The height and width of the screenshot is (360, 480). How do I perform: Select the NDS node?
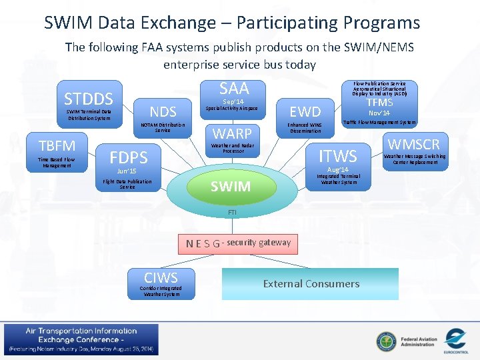pyautogui.click(x=163, y=111)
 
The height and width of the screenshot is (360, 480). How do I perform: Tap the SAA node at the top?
pyautogui.click(x=233, y=88)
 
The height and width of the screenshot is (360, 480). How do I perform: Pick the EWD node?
pyautogui.click(x=305, y=111)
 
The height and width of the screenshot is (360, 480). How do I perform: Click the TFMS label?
pyautogui.click(x=379, y=103)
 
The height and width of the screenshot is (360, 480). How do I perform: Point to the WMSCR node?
pyautogui.click(x=414, y=144)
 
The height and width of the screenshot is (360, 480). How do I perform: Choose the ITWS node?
pyautogui.click(x=338, y=156)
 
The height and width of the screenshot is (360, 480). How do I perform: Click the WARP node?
pyautogui.click(x=231, y=133)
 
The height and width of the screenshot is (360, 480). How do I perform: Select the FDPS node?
pyautogui.click(x=129, y=157)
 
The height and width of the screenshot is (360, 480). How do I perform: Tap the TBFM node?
pyautogui.click(x=57, y=145)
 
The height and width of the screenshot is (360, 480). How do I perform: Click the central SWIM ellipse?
pyautogui.click(x=231, y=186)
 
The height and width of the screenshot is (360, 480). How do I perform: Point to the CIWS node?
pyautogui.click(x=161, y=277)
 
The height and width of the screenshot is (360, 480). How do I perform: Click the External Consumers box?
pyautogui.click(x=311, y=283)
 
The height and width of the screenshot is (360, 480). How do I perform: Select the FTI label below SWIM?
pyautogui.click(x=232, y=212)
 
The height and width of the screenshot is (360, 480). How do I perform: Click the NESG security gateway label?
pyautogui.click(x=238, y=243)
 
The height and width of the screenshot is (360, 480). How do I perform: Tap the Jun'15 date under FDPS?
pyautogui.click(x=127, y=171)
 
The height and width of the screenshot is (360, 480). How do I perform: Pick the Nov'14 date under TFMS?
pyautogui.click(x=379, y=113)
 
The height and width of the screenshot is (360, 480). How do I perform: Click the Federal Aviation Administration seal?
pyautogui.click(x=385, y=341)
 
